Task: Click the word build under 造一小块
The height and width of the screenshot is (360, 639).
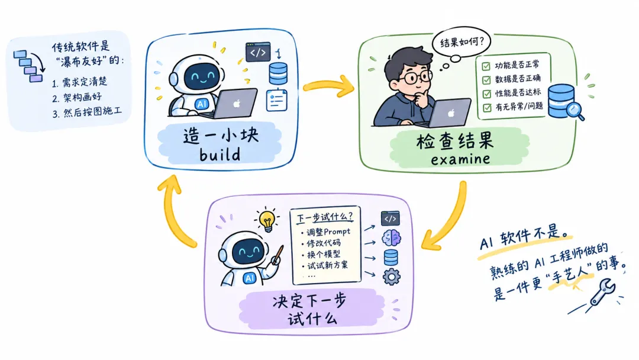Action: pyautogui.click(x=220, y=154)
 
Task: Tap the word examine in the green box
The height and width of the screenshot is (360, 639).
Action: pyautogui.click(x=460, y=159)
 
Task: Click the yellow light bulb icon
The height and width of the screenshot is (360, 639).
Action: pyautogui.click(x=267, y=221)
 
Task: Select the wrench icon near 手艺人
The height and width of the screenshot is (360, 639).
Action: pyautogui.click(x=602, y=292)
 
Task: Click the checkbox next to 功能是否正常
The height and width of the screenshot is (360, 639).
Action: pyautogui.click(x=486, y=66)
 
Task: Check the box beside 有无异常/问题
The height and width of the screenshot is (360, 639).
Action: pyautogui.click(x=487, y=108)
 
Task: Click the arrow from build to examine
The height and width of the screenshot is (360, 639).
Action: pyautogui.click(x=328, y=86)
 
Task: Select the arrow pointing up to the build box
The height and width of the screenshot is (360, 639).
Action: pyautogui.click(x=173, y=212)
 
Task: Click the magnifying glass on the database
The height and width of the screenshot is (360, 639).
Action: pyautogui.click(x=575, y=111)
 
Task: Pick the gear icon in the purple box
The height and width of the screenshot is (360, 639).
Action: pyautogui.click(x=391, y=277)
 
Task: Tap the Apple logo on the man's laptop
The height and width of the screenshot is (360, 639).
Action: pyautogui.click(x=451, y=113)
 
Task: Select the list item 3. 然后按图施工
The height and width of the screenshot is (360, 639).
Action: pyautogui.click(x=87, y=112)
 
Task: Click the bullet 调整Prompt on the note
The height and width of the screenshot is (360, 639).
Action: pyautogui.click(x=325, y=232)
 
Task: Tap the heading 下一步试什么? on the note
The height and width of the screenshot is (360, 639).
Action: pyautogui.click(x=324, y=216)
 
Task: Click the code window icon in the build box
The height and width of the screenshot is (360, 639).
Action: pyautogui.click(x=258, y=52)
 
